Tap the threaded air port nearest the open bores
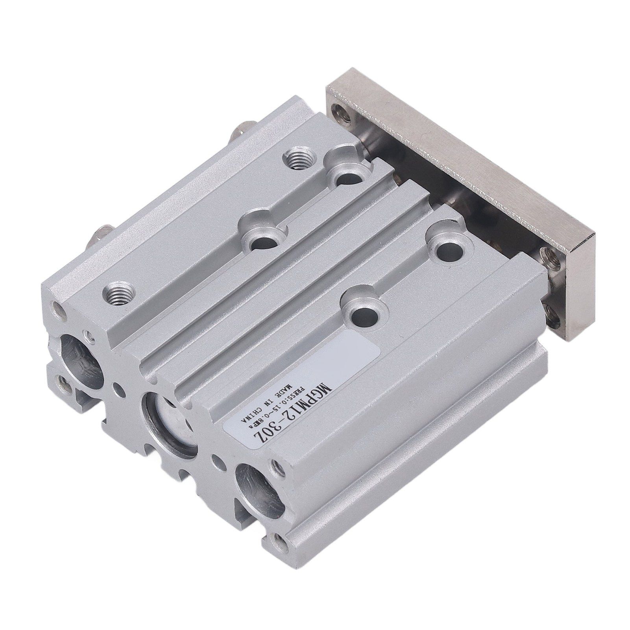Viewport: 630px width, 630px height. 118,292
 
